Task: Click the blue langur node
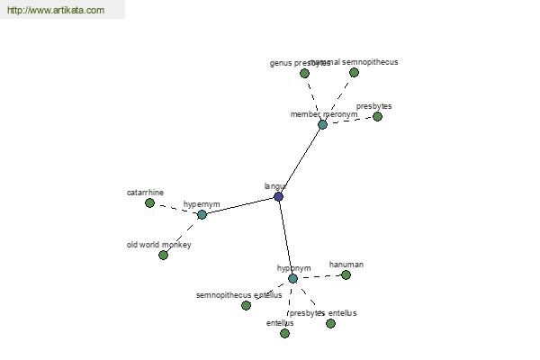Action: click(278, 196)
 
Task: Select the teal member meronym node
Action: click(322, 124)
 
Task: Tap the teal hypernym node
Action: click(202, 214)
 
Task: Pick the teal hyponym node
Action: click(292, 278)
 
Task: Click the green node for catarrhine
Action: click(149, 202)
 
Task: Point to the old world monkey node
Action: click(163, 255)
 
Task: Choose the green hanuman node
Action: click(346, 274)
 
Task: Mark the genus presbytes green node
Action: click(304, 73)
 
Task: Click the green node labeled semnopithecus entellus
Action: click(246, 305)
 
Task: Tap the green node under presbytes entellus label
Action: click(330, 323)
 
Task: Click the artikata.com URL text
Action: click(56, 11)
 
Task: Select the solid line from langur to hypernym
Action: click(239, 205)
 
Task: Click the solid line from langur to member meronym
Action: click(300, 160)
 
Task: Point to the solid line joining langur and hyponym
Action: click(285, 238)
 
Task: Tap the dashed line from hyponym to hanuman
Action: click(319, 276)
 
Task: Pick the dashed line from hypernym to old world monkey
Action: click(183, 234)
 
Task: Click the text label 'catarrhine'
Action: click(145, 193)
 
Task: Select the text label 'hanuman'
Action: click(346, 265)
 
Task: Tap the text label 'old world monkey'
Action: click(158, 245)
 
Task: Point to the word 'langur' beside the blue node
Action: click(275, 186)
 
